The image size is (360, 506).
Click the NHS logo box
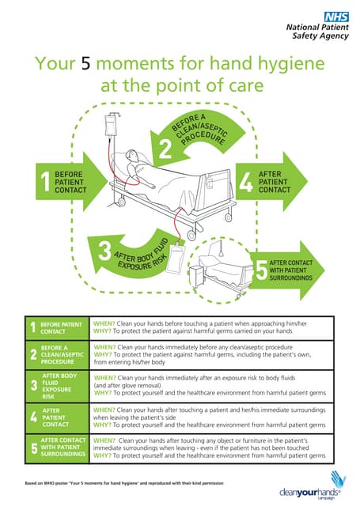tap(335, 14)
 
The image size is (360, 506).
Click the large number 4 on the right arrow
tap(246, 182)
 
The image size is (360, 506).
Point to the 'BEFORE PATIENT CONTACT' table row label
tap(60, 328)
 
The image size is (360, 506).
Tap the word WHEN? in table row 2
tap(104, 346)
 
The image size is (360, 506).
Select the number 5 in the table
tap(32, 448)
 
